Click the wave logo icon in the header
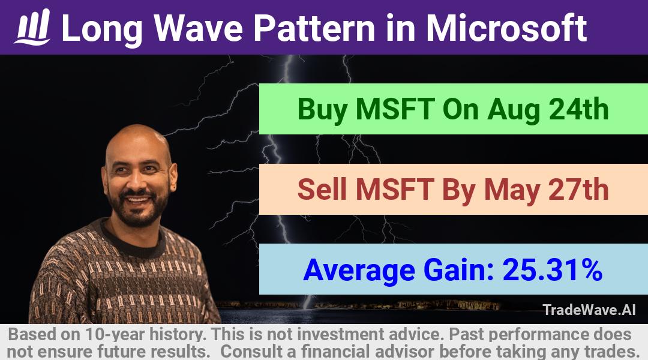pyautogui.click(x=32, y=27)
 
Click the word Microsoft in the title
pyautogui.click(x=506, y=28)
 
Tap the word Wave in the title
pyautogui.click(x=199, y=28)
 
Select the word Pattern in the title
pyautogui.click(x=314, y=28)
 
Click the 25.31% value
pyautogui.click(x=552, y=269)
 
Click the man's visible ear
pyautogui.click(x=173, y=177)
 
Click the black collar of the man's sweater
pyautogui.click(x=132, y=242)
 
